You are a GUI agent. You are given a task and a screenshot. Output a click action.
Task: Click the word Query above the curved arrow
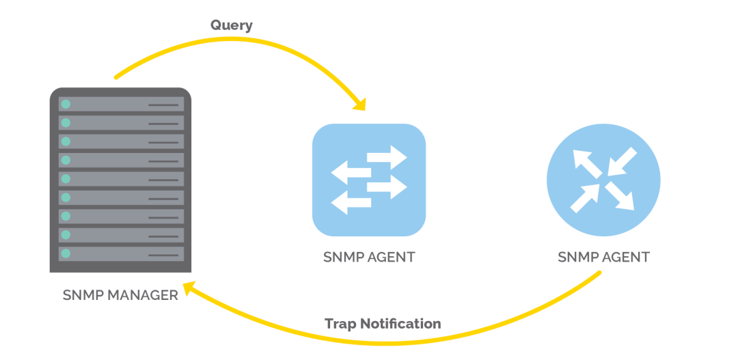click(231, 25)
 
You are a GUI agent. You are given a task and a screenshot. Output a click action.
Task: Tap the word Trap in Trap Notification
click(340, 323)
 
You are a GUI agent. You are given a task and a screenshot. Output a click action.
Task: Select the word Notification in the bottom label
click(401, 323)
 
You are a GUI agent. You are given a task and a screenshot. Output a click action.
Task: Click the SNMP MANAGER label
click(120, 295)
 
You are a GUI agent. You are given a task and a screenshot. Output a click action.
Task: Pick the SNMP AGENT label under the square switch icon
click(369, 258)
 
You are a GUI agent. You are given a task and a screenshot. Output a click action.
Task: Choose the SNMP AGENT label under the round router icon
click(603, 258)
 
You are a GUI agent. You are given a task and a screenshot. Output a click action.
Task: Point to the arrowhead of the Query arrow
click(359, 104)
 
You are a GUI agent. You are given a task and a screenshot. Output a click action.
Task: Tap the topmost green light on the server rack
click(66, 105)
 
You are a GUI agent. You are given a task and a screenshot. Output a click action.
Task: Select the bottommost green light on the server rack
click(66, 253)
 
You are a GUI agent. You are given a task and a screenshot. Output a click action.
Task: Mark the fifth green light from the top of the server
click(66, 179)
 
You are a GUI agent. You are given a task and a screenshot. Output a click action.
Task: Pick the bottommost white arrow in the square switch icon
click(351, 202)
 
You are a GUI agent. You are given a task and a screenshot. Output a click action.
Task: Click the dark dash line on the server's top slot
click(163, 105)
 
